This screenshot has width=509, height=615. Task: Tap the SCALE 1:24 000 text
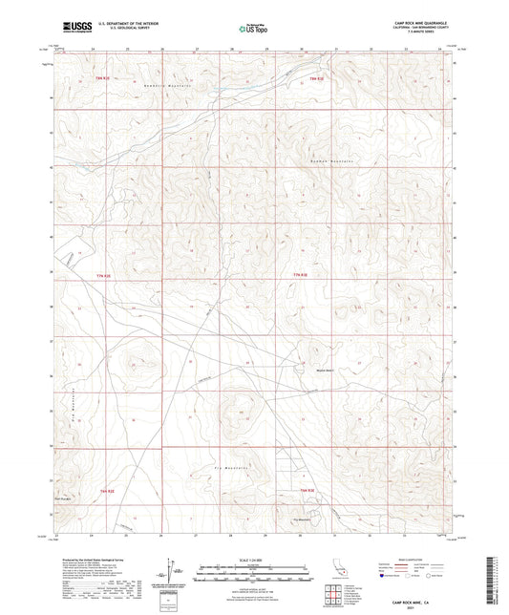(x=254, y=559)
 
